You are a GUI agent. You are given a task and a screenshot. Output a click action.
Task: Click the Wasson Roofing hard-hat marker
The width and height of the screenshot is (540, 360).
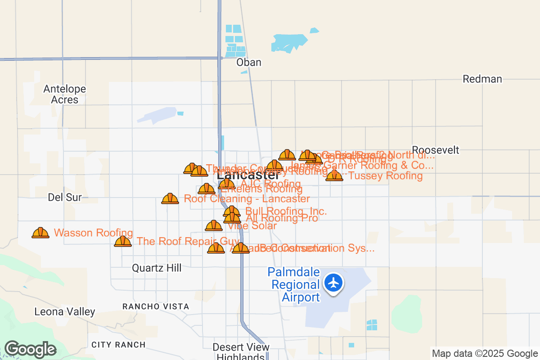(x=40, y=233)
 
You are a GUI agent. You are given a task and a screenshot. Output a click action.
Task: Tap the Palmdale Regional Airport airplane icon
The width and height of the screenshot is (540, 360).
(x=333, y=283)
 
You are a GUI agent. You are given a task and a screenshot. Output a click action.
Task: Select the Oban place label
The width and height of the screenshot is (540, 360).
(x=249, y=62)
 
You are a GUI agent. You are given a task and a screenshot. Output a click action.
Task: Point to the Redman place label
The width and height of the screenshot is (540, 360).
(x=482, y=79)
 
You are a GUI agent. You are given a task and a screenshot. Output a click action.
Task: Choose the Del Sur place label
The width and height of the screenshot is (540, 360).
(x=65, y=197)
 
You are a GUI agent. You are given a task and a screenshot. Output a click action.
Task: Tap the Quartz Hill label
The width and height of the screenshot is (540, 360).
(x=157, y=268)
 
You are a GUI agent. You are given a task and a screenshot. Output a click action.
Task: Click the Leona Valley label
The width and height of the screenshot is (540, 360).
(x=65, y=311)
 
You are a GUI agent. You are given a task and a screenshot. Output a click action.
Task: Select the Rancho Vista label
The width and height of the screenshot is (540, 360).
(x=156, y=306)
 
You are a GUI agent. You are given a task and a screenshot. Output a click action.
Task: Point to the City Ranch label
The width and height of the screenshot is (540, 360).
(x=118, y=345)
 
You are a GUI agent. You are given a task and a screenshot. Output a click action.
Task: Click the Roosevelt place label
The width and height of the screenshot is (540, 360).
(x=436, y=150)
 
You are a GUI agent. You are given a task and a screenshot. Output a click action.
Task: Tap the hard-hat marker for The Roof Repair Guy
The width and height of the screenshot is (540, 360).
(x=123, y=242)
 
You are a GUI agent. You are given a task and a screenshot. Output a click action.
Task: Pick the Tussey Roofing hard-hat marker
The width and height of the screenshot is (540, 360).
(x=334, y=175)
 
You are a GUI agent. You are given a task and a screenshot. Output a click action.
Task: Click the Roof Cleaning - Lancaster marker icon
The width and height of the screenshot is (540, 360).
(x=170, y=198)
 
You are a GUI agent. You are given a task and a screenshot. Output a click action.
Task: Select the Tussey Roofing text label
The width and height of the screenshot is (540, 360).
(x=386, y=176)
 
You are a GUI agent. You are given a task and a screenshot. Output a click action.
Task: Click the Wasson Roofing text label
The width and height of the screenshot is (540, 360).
(x=93, y=233)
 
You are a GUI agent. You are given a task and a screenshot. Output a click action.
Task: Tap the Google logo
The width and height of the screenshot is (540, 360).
(x=30, y=349)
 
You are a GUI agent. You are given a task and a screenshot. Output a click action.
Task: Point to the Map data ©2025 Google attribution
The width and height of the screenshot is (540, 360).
(x=485, y=354)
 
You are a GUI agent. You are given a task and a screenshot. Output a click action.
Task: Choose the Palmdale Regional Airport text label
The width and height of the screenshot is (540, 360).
(x=294, y=284)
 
